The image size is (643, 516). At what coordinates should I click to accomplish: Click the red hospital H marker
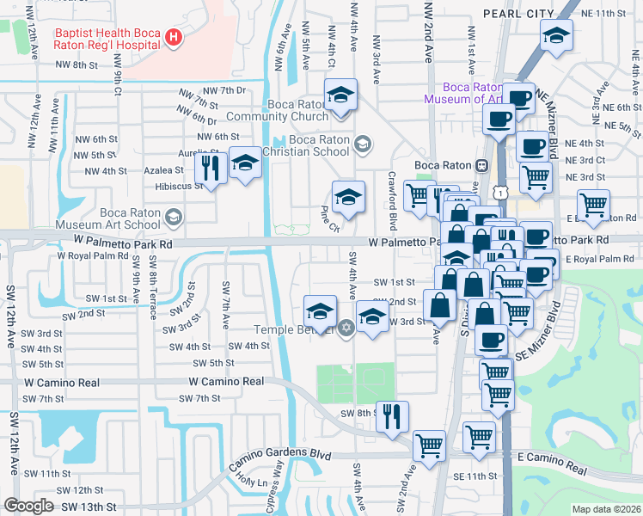174,37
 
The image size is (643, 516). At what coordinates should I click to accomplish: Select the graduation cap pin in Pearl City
556,36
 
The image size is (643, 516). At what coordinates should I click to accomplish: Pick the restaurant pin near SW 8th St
392,415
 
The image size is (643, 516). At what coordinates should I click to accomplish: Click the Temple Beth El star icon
346,328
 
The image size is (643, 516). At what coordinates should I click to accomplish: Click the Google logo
29,506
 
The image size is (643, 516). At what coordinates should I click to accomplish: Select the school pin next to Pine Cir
347,198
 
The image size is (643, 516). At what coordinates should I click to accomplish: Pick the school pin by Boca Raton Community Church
340,95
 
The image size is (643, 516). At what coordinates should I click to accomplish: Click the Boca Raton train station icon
482,164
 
